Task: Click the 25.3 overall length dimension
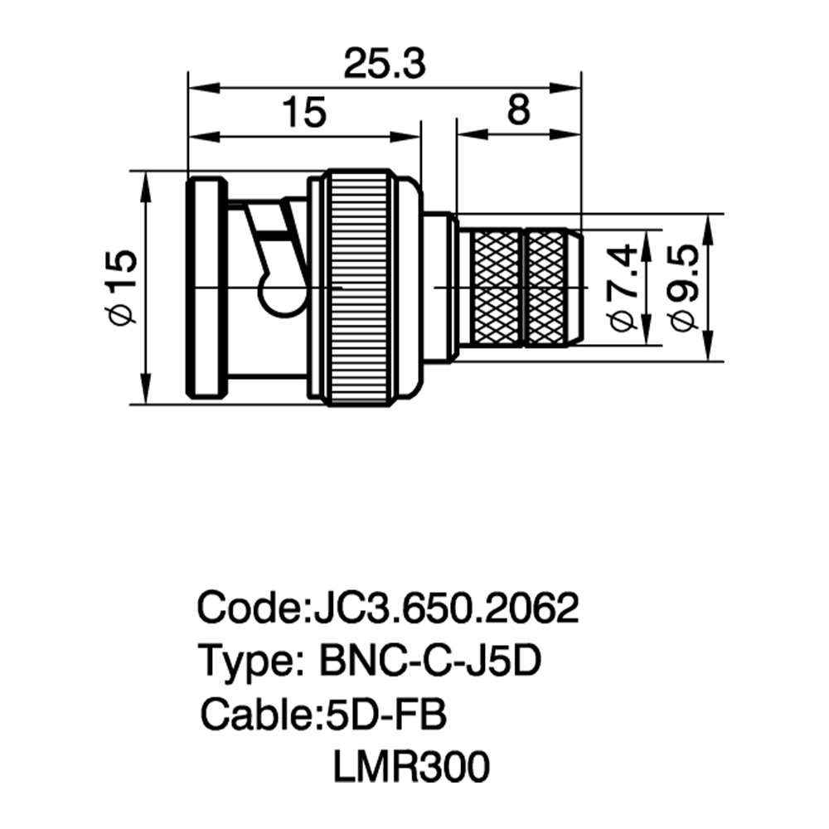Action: (x=385, y=64)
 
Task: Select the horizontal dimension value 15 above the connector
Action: (x=304, y=112)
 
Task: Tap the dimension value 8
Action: (x=518, y=110)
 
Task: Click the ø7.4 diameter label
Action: (x=624, y=287)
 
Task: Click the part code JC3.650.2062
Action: (x=446, y=608)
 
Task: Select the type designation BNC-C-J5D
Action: (x=430, y=661)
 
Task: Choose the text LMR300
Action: (x=411, y=767)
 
